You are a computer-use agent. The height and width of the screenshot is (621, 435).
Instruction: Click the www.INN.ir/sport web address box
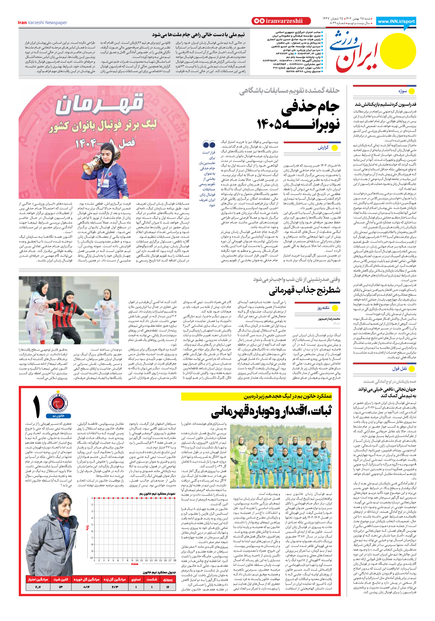coord(396,21)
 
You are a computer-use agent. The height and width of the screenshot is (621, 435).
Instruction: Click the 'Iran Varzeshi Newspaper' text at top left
coord(42,23)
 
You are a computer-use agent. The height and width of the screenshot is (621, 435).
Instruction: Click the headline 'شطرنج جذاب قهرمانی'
coord(304,290)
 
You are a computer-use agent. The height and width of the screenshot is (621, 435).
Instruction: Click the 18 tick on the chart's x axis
coord(175,560)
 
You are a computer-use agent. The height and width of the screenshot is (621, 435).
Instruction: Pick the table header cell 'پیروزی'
coord(167,579)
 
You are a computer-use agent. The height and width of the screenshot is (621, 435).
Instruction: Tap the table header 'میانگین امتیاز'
coord(38,579)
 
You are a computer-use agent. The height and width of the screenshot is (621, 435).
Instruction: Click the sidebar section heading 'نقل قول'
coord(400,368)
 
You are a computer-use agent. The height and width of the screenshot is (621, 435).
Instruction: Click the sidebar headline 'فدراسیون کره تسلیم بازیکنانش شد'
coord(385,104)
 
